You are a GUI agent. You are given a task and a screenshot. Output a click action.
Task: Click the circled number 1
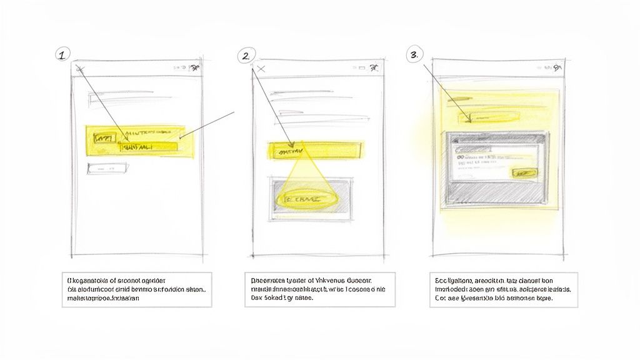tap(61, 55)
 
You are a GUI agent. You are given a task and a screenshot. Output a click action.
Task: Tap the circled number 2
tap(246, 56)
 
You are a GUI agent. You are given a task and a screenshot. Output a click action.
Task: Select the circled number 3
tap(412, 55)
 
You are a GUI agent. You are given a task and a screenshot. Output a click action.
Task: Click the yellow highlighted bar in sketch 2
tap(316, 150)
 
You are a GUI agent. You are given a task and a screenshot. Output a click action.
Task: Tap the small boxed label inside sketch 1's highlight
tap(103, 137)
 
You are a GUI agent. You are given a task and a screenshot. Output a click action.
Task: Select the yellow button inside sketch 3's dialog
tap(523, 172)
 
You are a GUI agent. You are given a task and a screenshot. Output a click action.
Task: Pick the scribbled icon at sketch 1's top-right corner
tap(195, 68)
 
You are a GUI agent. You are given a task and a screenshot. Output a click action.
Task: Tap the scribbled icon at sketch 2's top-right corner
tap(374, 68)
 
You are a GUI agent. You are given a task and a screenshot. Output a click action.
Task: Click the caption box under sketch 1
tap(136, 289)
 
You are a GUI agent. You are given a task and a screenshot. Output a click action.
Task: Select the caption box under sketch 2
tap(319, 289)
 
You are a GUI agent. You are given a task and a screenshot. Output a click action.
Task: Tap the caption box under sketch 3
tap(502, 289)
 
